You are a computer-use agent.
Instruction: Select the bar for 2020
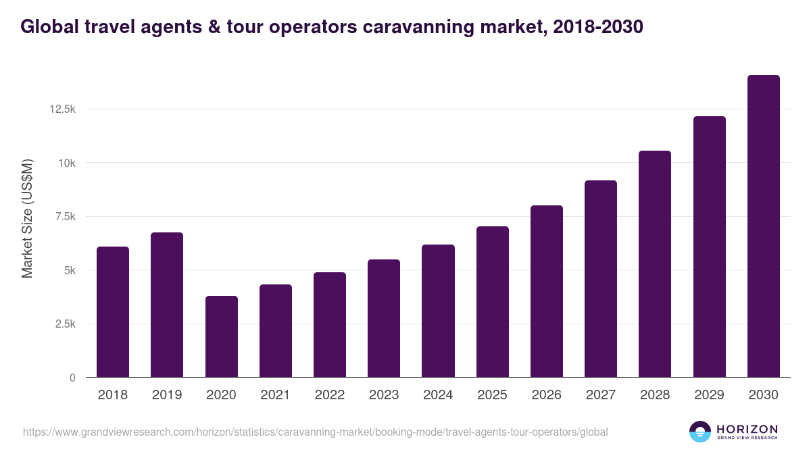[221, 336]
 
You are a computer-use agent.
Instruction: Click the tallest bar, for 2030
[763, 226]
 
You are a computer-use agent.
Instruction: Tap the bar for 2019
[167, 305]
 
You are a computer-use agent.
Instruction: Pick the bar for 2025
[492, 302]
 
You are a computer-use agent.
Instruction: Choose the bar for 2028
[654, 264]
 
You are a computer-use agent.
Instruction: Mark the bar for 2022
[329, 325]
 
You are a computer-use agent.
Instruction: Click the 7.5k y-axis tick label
[66, 217]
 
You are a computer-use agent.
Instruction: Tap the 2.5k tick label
[66, 324]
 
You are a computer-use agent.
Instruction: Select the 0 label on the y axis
[72, 378]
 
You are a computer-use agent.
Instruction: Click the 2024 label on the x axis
[438, 395]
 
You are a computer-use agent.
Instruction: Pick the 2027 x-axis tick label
[600, 395]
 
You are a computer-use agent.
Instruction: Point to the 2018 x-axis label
[112, 395]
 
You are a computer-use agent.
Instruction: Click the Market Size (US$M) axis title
[27, 218]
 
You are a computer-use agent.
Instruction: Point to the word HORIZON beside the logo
[747, 429]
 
